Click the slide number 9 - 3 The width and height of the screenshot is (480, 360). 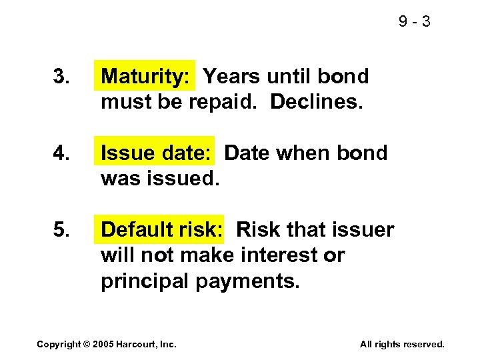click(x=415, y=22)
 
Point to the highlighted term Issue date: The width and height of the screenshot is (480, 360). click(x=156, y=153)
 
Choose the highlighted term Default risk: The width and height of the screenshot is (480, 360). click(x=162, y=230)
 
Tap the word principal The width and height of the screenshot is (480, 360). click(x=145, y=281)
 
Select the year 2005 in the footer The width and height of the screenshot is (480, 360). click(x=104, y=344)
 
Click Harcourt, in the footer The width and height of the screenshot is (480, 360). click(x=137, y=344)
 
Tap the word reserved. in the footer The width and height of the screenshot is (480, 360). click(x=422, y=344)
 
